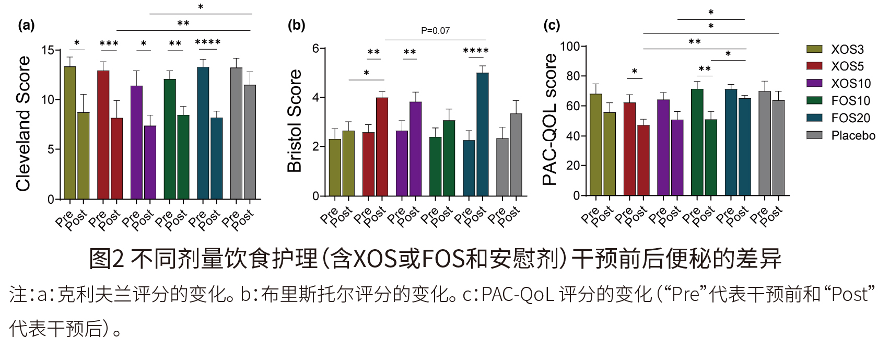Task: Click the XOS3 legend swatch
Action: pos(814,49)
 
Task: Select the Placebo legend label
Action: pos(853,135)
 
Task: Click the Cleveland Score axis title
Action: pos(24,124)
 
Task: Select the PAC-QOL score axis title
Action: pos(550,120)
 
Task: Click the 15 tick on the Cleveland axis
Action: pos(48,50)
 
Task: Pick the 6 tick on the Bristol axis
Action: pos(315,49)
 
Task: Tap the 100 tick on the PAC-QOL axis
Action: pos(570,47)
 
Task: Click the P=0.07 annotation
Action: pos(435,31)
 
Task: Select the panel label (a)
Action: pos(26,25)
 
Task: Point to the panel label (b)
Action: pos(296,25)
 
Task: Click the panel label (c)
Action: pos(552,25)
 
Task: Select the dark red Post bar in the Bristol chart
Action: pos(382,147)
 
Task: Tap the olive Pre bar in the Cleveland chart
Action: pos(70,133)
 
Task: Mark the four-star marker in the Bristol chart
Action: pos(476,51)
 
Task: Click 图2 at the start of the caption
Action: pos(106,259)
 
